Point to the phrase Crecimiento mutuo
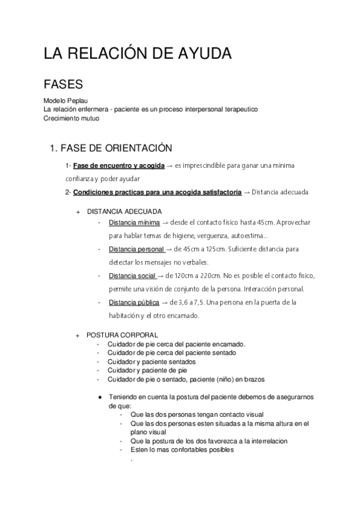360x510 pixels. pos(72,118)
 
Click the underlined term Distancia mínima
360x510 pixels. pos(134,223)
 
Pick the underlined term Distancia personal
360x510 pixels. pos(136,249)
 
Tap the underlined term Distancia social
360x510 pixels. pos(132,275)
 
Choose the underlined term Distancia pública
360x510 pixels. pos(134,302)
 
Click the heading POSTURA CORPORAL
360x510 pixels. pos(122,335)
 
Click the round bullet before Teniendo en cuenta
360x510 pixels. pos(100,398)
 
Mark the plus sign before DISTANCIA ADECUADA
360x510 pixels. pos(77,212)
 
